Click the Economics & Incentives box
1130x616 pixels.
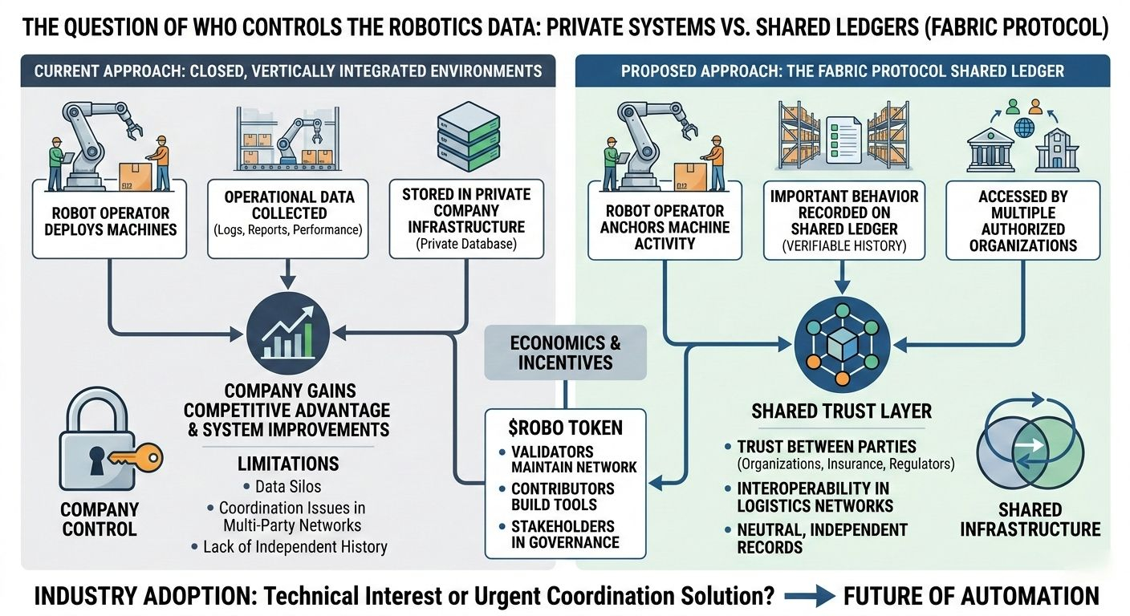[x=565, y=352]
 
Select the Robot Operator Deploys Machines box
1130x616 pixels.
[x=111, y=221]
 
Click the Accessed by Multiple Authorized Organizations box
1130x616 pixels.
[x=1023, y=220]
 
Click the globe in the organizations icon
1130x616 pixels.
[x=1023, y=127]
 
